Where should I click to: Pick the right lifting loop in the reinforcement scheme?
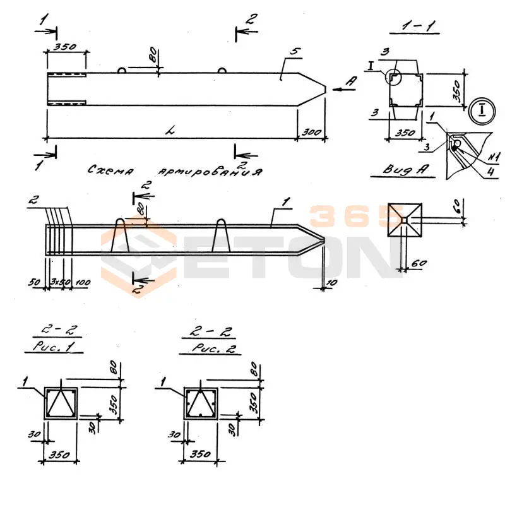(222, 235)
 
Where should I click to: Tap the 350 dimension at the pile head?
(66, 46)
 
